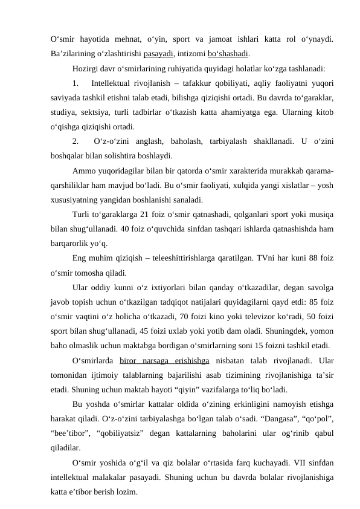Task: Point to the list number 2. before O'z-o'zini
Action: (75, 141)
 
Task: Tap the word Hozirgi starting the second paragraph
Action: (86, 68)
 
